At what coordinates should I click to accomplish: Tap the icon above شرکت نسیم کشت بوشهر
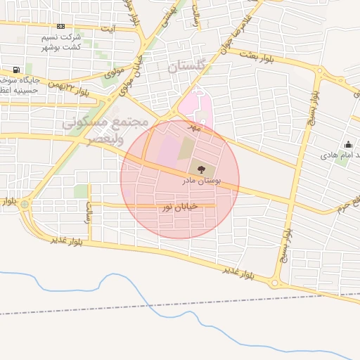[x=60, y=26]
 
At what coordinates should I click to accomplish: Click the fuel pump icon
[x=16, y=70]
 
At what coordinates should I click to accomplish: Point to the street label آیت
[x=108, y=28]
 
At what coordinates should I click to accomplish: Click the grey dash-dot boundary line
[x=176, y=304]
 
